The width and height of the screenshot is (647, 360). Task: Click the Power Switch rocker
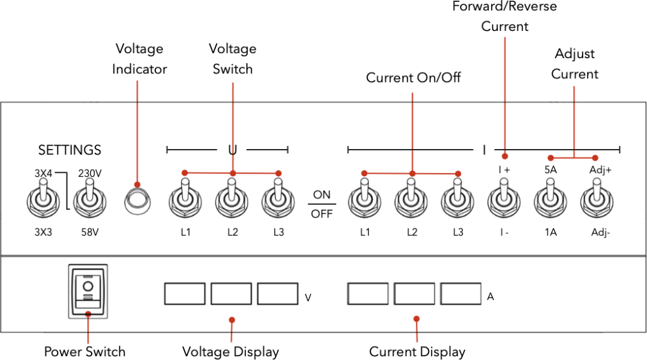coord(88,291)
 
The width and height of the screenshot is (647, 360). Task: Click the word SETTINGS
coord(70,150)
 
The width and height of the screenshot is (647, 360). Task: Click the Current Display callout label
coord(417,352)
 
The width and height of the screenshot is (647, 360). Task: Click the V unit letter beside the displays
coord(308,297)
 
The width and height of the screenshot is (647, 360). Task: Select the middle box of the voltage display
coord(231,294)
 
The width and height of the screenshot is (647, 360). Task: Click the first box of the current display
coord(368,294)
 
